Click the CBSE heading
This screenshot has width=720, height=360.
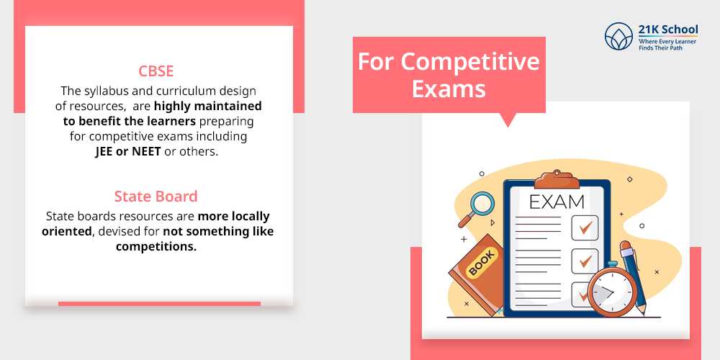(156, 71)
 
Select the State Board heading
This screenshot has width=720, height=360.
(156, 196)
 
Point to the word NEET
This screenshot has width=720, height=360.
(146, 151)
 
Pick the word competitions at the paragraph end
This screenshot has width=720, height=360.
(156, 246)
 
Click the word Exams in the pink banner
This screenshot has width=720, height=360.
(449, 89)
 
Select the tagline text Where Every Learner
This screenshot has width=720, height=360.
(668, 42)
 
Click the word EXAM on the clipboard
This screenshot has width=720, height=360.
(557, 201)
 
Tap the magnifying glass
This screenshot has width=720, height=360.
(480, 205)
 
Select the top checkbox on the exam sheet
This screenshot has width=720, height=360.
(584, 228)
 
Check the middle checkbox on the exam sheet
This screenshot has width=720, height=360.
(584, 260)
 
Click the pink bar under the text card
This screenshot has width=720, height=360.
(159, 304)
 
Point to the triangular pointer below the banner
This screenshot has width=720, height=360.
(509, 120)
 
